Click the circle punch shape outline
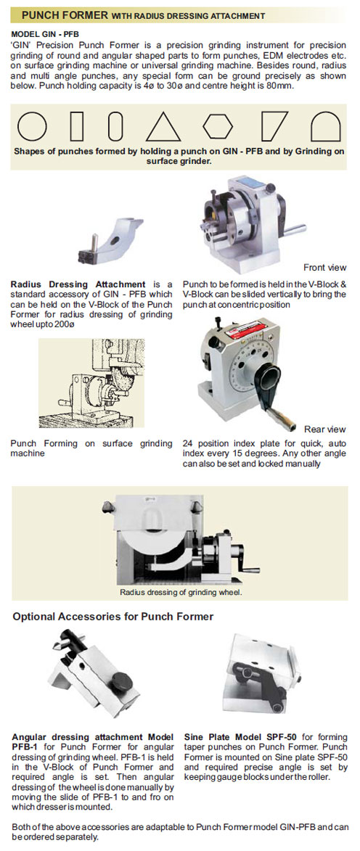tap(32, 126)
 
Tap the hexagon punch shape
tap(218, 126)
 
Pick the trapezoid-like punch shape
tap(275, 126)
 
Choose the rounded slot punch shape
tap(115, 126)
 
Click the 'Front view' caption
tap(324, 267)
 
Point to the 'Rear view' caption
tap(325, 429)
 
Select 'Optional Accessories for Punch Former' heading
tap(113, 617)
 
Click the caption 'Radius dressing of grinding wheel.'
tap(181, 592)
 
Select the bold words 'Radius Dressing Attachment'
tap(78, 284)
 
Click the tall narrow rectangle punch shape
tap(78, 126)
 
